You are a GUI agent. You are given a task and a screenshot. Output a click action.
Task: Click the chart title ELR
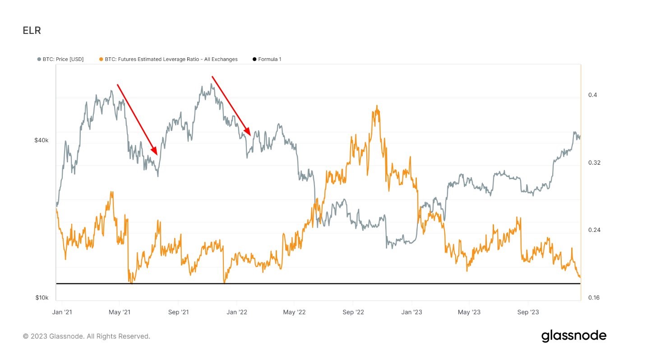click(x=32, y=31)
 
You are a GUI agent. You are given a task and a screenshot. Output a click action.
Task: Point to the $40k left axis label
click(x=41, y=140)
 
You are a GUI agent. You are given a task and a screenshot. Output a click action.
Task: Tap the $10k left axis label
click(x=42, y=298)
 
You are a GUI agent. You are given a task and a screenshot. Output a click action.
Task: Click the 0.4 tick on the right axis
click(x=592, y=95)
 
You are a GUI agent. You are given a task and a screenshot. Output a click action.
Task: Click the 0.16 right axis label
click(x=594, y=298)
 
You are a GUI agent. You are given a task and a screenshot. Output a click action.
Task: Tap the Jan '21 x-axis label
click(x=62, y=312)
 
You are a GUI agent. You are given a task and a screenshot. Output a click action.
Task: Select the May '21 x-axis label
click(x=120, y=312)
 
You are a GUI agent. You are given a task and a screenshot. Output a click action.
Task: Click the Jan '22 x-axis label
click(x=237, y=312)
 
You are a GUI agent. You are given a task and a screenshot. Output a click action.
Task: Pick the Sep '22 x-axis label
click(x=353, y=312)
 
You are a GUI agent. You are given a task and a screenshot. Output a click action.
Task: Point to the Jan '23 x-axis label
click(x=412, y=312)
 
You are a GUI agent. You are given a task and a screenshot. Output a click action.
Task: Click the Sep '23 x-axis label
click(x=528, y=312)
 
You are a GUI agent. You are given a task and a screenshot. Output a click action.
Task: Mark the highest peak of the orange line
click(x=377, y=106)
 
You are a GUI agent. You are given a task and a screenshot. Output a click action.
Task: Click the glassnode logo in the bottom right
click(x=573, y=336)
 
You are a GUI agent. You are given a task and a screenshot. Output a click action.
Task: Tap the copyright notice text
click(x=86, y=336)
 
